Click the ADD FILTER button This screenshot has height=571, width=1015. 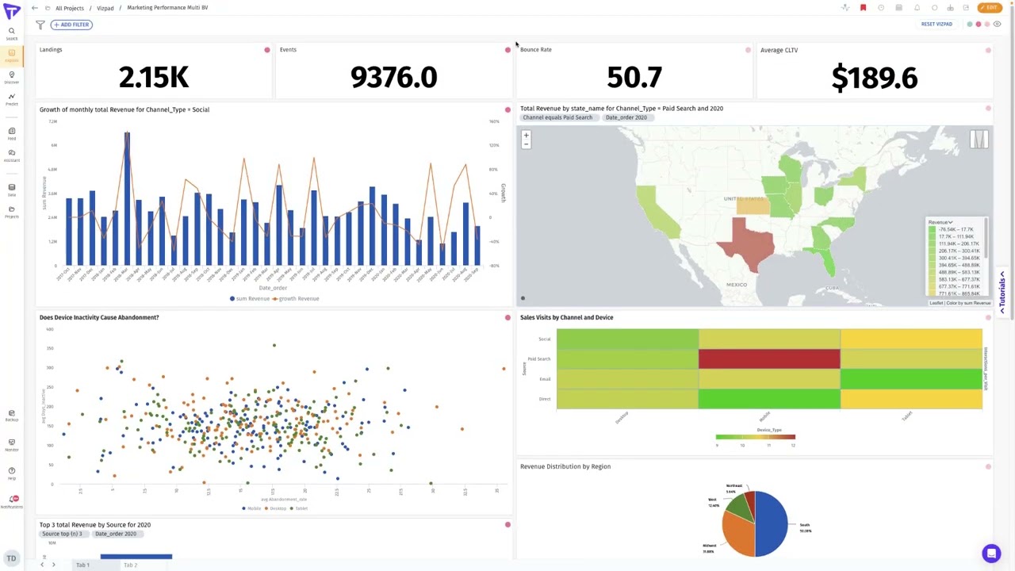tap(72, 25)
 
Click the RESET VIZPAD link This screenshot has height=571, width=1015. tap(936, 25)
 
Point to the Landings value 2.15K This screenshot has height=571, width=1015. tap(154, 78)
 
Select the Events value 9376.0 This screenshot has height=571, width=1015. tap(393, 78)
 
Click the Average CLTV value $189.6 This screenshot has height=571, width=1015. tap(874, 78)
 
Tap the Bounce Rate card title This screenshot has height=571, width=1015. tap(536, 50)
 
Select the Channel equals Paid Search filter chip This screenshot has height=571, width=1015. tap(557, 117)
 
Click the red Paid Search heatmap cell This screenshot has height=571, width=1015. tap(768, 359)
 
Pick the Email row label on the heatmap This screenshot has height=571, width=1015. tap(545, 379)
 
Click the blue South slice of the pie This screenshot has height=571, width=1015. tap(772, 523)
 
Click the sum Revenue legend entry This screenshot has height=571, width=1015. tap(250, 299)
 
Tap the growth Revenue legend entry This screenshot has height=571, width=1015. tap(296, 299)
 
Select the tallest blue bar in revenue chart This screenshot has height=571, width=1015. tap(127, 198)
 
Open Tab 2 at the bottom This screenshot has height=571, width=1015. tap(130, 565)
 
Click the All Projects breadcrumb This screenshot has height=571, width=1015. tap(70, 8)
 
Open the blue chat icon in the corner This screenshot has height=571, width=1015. tap(990, 554)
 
